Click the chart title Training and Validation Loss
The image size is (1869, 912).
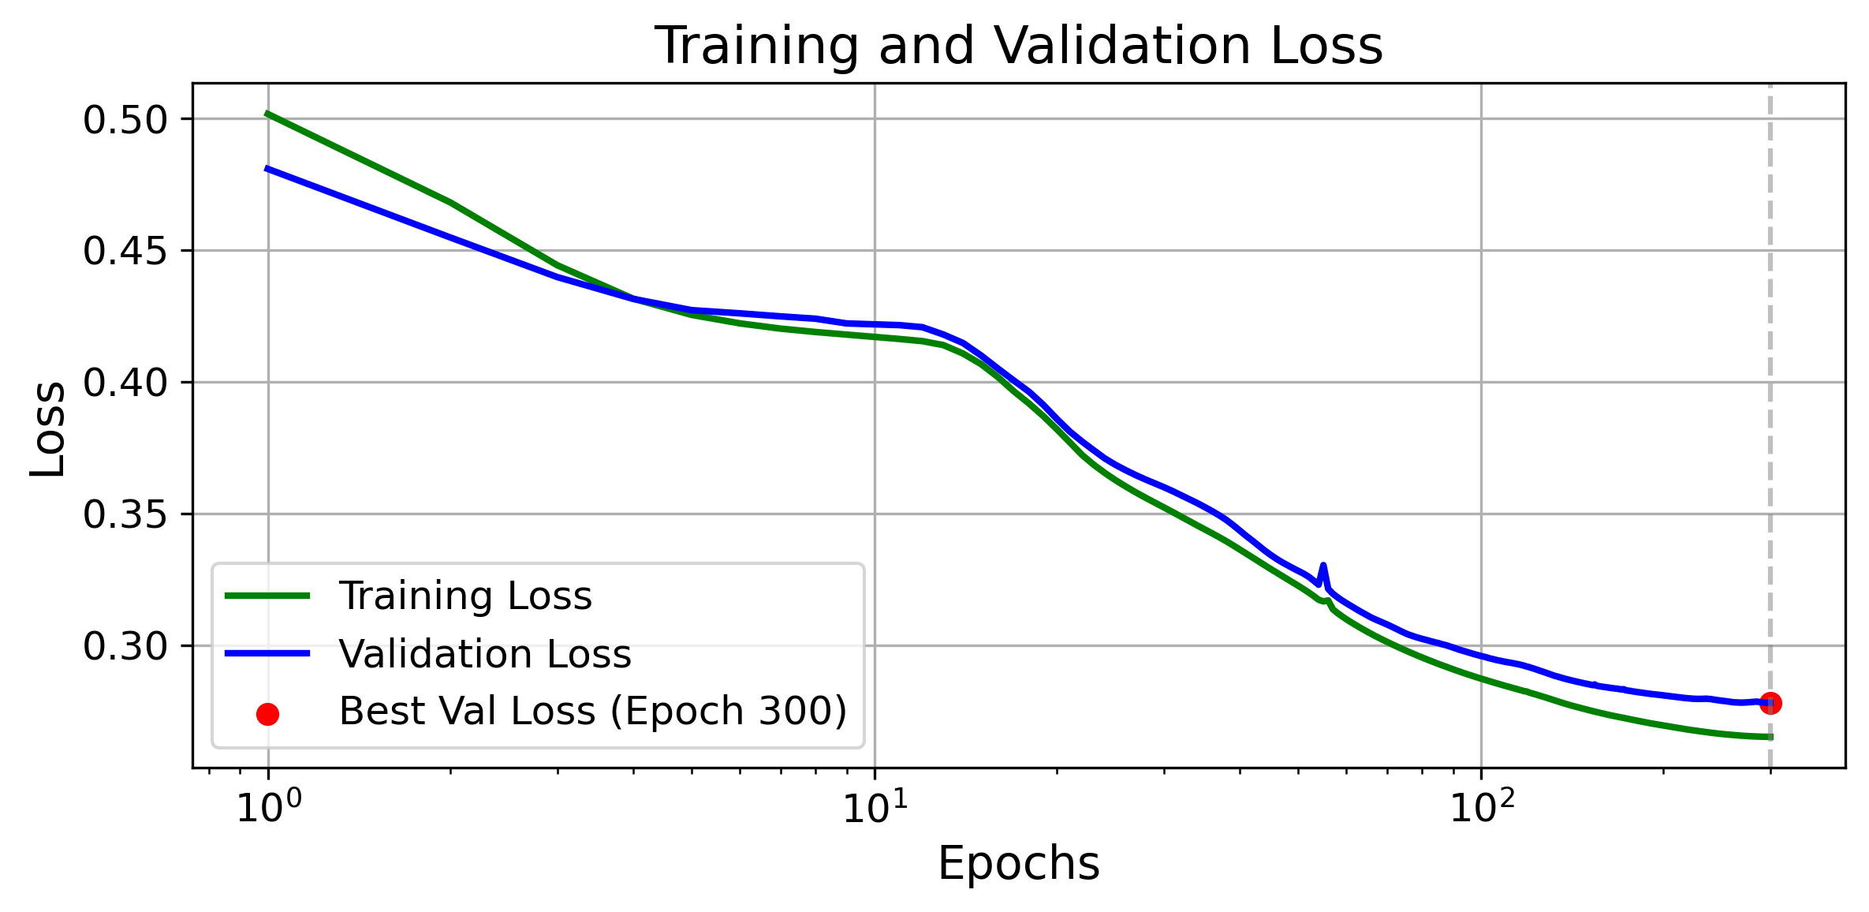(1018, 45)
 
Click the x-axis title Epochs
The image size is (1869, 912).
(1018, 863)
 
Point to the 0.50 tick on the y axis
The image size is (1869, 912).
(126, 120)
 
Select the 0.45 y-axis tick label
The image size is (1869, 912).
(126, 252)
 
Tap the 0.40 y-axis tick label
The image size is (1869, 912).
(126, 383)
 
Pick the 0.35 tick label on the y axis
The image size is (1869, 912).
(126, 515)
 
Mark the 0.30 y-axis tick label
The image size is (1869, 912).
(126, 647)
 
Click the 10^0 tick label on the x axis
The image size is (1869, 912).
(268, 808)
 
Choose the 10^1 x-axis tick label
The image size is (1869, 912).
(875, 808)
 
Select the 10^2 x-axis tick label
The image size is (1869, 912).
(1482, 808)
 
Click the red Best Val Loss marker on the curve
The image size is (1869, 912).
(1770, 703)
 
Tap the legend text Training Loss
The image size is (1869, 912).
(465, 596)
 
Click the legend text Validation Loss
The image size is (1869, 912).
(485, 654)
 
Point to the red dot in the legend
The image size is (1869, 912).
(268, 714)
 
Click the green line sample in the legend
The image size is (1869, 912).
(267, 596)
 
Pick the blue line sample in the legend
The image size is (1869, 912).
(267, 653)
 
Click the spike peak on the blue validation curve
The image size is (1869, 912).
(1322, 565)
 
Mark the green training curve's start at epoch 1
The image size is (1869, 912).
(268, 114)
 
